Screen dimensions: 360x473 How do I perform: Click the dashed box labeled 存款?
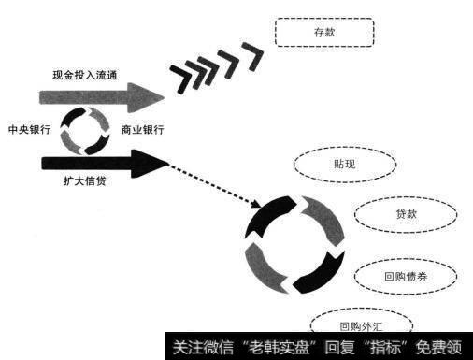pos(323,34)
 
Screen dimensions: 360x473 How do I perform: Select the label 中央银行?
pos(28,130)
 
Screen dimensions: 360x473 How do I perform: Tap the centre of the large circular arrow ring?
pos(289,242)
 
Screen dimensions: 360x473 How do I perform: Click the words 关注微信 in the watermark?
pos(194,345)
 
